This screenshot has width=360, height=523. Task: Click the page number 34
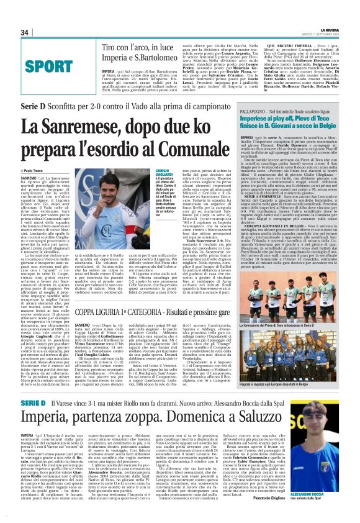tap(25, 32)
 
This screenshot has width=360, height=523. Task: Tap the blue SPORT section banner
tap(49, 65)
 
